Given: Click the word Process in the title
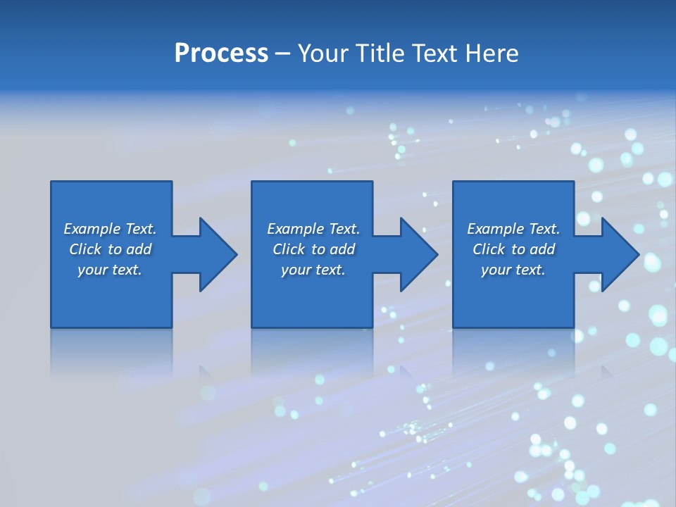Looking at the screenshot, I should coord(221,54).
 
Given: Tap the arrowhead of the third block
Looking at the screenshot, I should coord(620,254).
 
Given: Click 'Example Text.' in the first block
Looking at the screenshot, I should coord(110,229).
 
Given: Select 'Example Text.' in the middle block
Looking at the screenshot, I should coord(313,229).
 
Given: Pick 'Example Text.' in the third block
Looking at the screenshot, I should coord(513,229).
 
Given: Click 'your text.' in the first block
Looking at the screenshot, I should coord(110,270).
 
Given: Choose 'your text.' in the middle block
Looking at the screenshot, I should coord(313,270).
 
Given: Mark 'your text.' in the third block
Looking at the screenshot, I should coord(513,270).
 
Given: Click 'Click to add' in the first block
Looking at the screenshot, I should coord(110,249).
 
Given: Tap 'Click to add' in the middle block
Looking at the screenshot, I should coord(313,249).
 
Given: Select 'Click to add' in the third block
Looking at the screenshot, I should coord(513,249).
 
